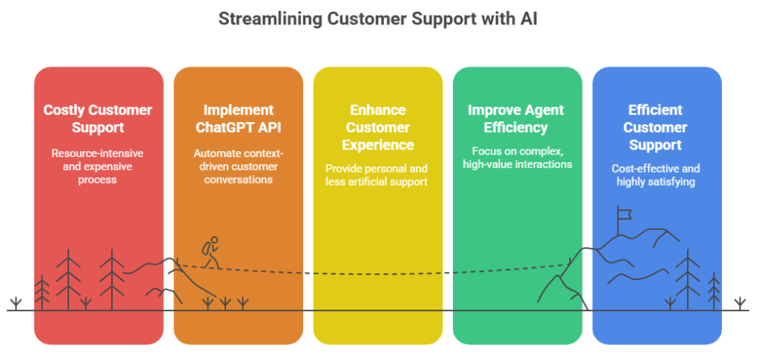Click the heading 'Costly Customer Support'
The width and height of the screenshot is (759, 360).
(x=98, y=119)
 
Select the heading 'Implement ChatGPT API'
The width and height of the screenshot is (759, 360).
(x=238, y=119)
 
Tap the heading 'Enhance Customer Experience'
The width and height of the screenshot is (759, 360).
(x=378, y=127)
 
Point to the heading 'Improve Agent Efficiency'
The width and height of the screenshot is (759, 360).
(x=517, y=119)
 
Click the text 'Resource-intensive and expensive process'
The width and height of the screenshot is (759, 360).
(x=98, y=166)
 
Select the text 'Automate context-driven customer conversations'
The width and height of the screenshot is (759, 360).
(x=238, y=166)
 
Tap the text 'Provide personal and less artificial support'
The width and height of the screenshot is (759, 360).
(x=378, y=175)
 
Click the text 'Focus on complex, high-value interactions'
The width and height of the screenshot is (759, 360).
(x=517, y=157)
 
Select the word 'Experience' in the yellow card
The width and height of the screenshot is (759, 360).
(x=378, y=144)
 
